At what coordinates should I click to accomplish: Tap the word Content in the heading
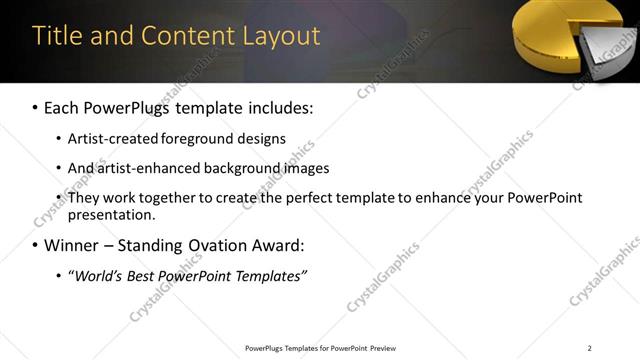tap(187, 36)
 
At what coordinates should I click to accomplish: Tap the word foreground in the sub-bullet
tap(218, 138)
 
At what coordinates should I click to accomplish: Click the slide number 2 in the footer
tap(589, 348)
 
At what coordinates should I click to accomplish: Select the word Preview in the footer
tap(382, 348)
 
